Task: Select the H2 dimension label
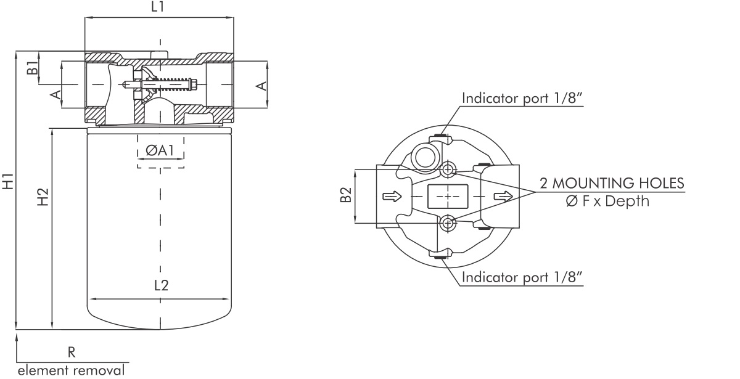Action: pyautogui.click(x=43, y=198)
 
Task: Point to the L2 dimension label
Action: pyautogui.click(x=160, y=285)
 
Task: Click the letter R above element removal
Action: pyautogui.click(x=72, y=353)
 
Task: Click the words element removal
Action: pyautogui.click(x=70, y=371)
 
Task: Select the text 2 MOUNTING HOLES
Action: pyautogui.click(x=612, y=183)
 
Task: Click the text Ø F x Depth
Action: pyautogui.click(x=607, y=202)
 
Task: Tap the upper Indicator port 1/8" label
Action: pyautogui.click(x=522, y=98)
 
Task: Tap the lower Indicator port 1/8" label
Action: pyautogui.click(x=522, y=278)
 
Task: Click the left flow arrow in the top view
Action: pyautogui.click(x=392, y=196)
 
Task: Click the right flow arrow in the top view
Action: pyautogui.click(x=503, y=196)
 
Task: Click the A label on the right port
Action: pyautogui.click(x=262, y=84)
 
